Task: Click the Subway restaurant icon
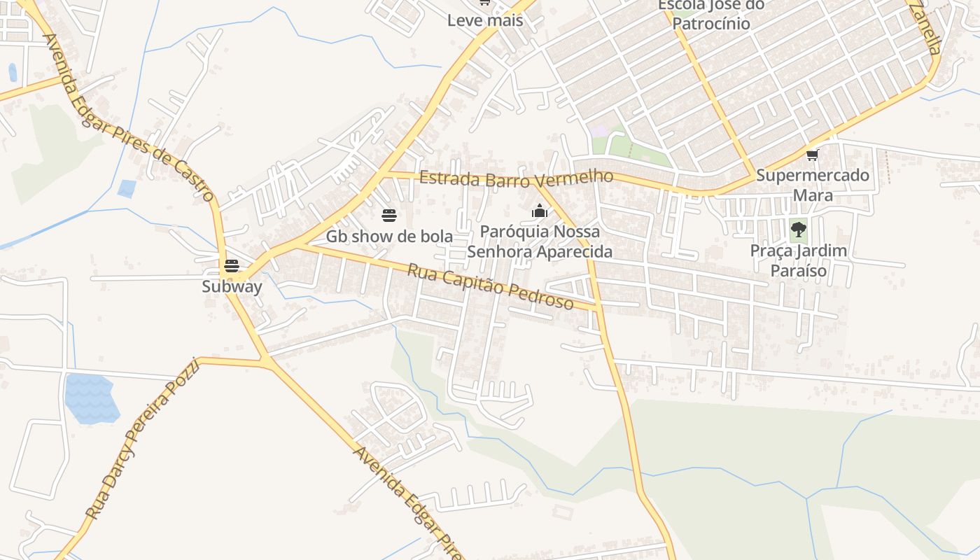(x=232, y=266)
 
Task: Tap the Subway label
(x=232, y=286)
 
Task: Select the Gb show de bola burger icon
(x=389, y=215)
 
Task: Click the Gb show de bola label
(x=389, y=236)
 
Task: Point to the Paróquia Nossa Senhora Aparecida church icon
(x=539, y=211)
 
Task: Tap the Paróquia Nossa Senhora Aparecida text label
(x=540, y=241)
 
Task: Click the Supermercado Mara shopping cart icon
(x=812, y=155)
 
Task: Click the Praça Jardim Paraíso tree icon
(x=798, y=229)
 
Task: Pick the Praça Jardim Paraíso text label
(x=798, y=260)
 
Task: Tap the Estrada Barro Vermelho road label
(x=516, y=178)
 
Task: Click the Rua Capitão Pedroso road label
(x=490, y=286)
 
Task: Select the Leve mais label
(x=485, y=20)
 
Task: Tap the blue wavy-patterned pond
(x=90, y=399)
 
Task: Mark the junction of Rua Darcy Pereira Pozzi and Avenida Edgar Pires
(x=266, y=360)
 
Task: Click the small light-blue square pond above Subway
(x=127, y=188)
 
